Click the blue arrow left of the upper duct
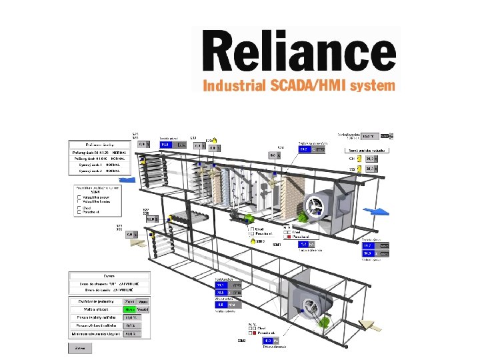point(126,179)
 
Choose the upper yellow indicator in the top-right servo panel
point(358,159)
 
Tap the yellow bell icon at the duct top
point(215,141)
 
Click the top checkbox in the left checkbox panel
point(79,197)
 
